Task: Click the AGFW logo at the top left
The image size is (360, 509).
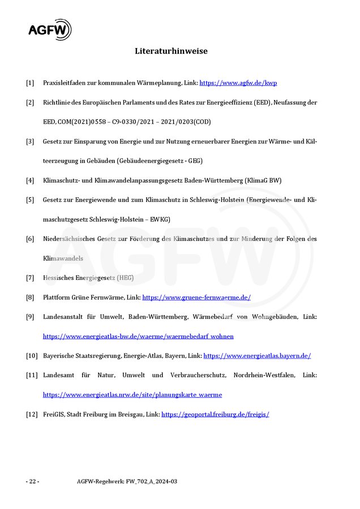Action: click(50, 29)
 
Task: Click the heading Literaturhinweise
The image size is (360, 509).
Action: click(171, 51)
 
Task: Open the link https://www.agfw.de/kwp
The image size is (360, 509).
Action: click(238, 83)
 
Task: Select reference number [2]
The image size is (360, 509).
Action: click(30, 102)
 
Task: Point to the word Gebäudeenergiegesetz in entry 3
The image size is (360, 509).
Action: click(151, 161)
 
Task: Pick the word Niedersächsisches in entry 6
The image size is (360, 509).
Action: click(70, 239)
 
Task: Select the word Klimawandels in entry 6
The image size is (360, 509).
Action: click(63, 258)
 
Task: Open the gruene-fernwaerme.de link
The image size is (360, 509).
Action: click(196, 297)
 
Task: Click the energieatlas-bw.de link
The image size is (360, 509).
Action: click(138, 336)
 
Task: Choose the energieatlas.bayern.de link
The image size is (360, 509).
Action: click(257, 356)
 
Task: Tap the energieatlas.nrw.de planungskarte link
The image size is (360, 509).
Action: click(132, 394)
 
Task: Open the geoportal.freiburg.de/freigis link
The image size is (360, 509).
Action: click(215, 414)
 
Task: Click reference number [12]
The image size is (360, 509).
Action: click(32, 414)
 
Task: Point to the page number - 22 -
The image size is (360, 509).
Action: click(32, 481)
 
